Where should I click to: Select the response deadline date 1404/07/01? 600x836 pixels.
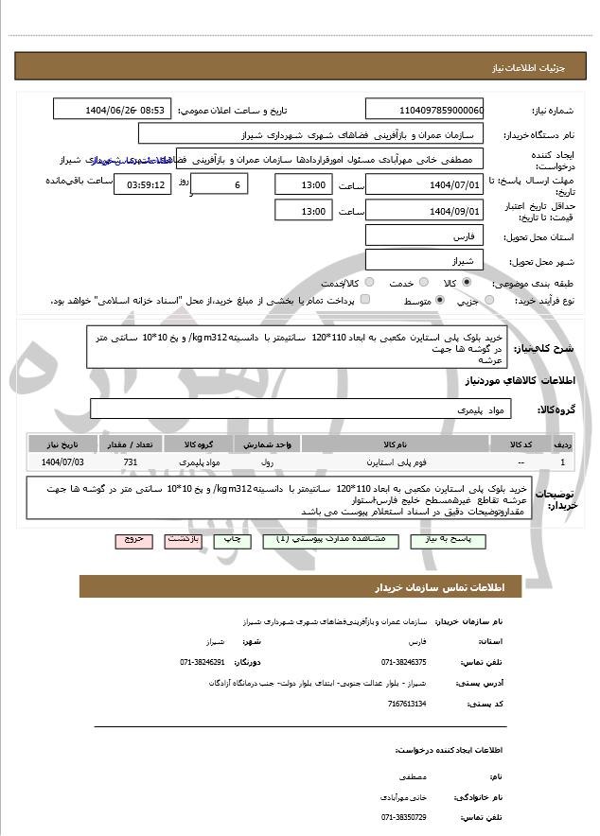point(424,185)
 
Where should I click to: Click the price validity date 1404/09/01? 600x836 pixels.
point(424,211)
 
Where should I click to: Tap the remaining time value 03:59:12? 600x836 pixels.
point(140,185)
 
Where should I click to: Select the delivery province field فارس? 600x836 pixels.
point(424,235)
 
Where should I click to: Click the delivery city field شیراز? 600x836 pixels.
point(424,259)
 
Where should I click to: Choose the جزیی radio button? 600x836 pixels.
point(488,302)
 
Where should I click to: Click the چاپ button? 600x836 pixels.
point(232,539)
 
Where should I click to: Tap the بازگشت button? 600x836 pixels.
point(183,539)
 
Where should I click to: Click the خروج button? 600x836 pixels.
point(133,539)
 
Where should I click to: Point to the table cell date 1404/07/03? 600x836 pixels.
point(62,462)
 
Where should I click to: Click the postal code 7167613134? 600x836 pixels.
point(407,704)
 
